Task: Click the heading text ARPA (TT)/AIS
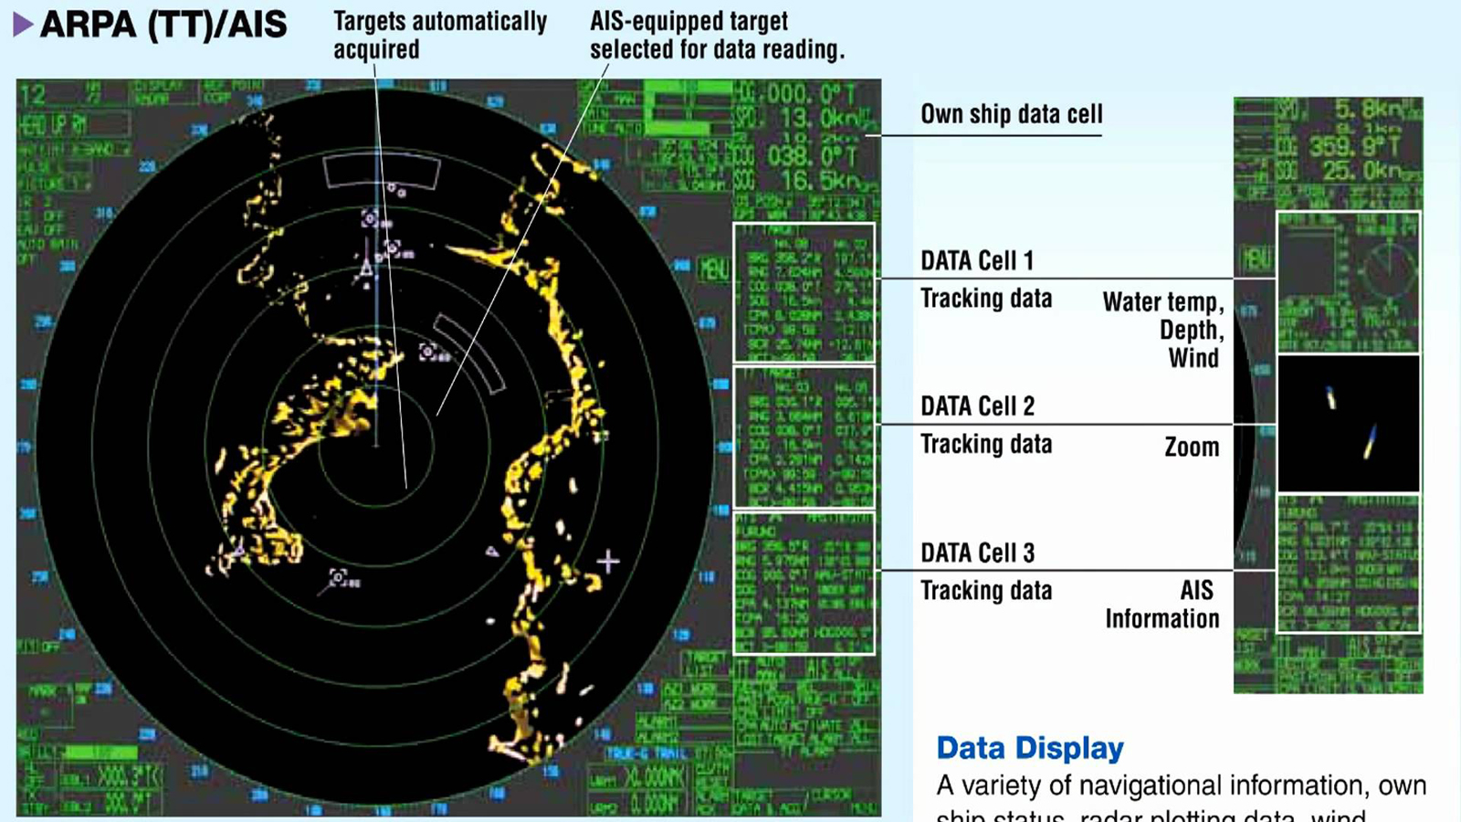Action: tap(164, 25)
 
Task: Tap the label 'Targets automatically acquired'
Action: tap(439, 35)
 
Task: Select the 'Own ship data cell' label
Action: tap(1011, 114)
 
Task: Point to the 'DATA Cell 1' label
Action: tap(977, 261)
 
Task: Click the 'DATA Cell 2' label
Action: tap(977, 406)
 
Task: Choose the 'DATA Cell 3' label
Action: tap(977, 553)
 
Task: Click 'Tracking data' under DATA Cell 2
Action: tap(985, 444)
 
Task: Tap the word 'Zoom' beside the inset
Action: tap(1192, 448)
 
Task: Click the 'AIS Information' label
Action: tap(1162, 605)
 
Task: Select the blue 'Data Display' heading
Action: tap(1030, 748)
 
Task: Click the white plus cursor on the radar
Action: tap(608, 561)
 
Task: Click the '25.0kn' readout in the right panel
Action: tap(1361, 171)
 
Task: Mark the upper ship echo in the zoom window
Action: tap(1331, 398)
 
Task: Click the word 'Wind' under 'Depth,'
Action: tap(1193, 358)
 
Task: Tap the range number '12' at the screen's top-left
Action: tap(33, 95)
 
